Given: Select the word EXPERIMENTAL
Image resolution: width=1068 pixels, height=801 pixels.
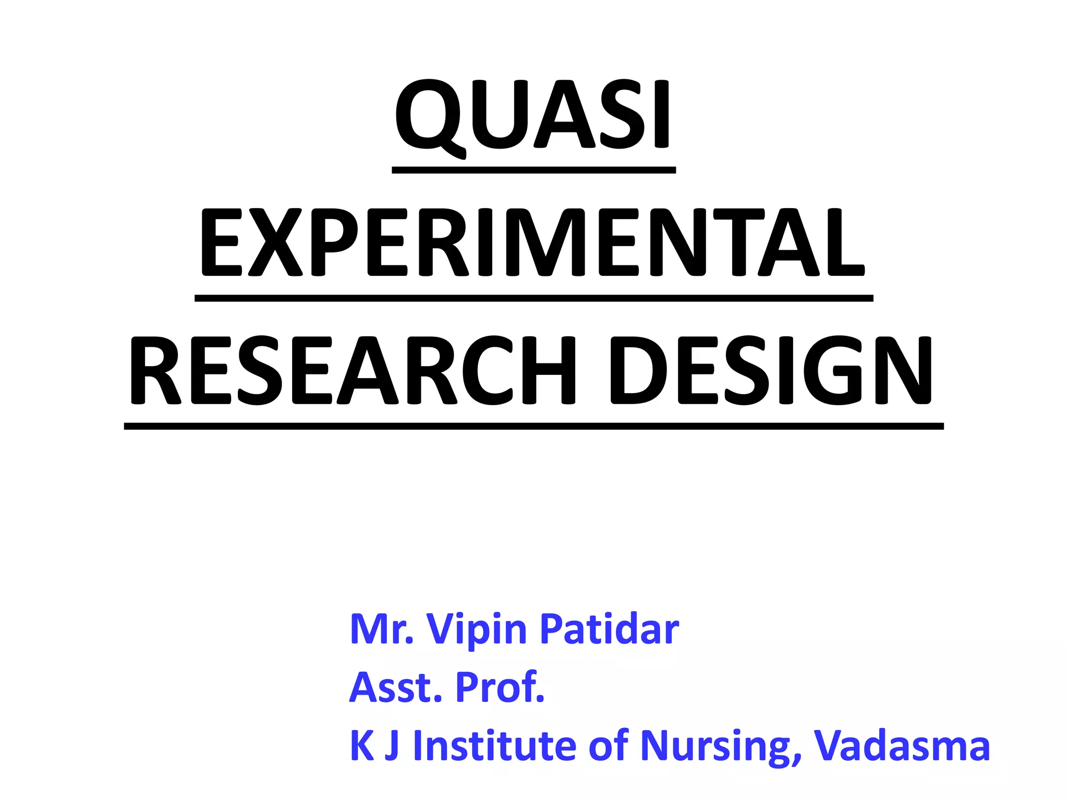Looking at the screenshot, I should pyautogui.click(x=533, y=243).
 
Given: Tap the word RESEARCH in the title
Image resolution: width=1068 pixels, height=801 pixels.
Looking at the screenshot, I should pyautogui.click(x=353, y=371).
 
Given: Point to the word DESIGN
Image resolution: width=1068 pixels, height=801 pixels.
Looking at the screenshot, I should pyautogui.click(x=771, y=371).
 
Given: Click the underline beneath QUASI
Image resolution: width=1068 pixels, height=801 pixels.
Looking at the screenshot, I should pyautogui.click(x=533, y=170).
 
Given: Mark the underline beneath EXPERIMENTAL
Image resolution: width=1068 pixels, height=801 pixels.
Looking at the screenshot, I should pyautogui.click(x=533, y=298).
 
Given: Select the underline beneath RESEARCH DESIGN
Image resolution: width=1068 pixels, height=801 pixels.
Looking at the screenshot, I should pyautogui.click(x=533, y=427).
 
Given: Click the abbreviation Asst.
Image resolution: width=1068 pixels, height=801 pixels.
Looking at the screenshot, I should pyautogui.click(x=396, y=687).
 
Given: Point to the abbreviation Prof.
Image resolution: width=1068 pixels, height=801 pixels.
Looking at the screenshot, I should pyautogui.click(x=500, y=687).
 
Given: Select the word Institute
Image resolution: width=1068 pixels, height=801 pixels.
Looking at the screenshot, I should pyautogui.click(x=494, y=746).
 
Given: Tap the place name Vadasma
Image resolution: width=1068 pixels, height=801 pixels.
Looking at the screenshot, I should pyautogui.click(x=902, y=746).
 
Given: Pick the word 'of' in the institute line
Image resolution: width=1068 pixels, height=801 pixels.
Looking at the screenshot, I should pyautogui.click(x=608, y=746).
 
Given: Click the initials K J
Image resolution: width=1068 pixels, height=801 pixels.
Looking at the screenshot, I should pyautogui.click(x=374, y=746).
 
